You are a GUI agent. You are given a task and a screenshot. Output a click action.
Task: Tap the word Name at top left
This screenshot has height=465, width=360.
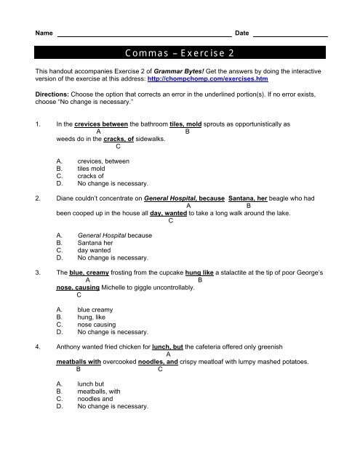click(44, 34)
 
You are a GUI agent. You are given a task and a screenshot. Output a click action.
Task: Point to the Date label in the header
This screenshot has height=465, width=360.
click(242, 34)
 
